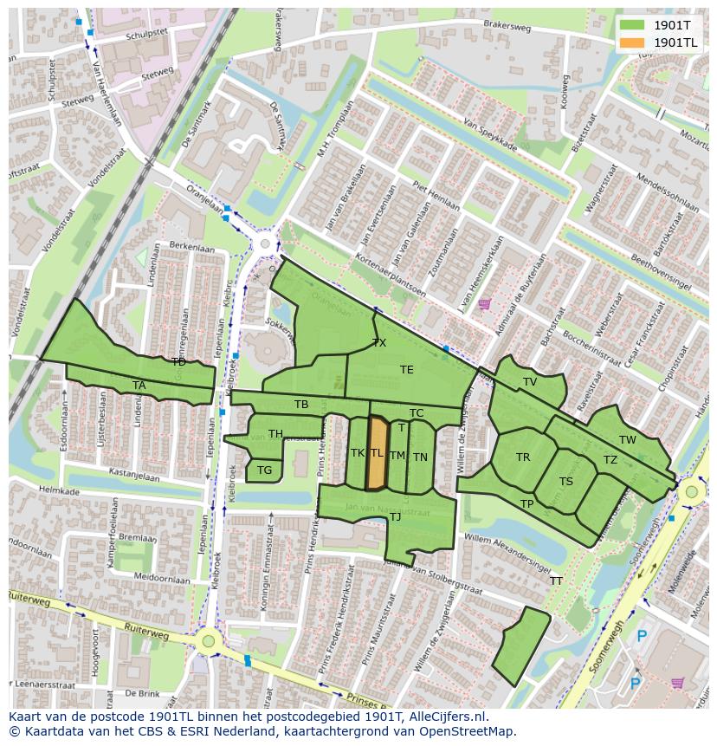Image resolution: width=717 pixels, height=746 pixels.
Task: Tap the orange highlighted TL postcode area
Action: coord(377,453)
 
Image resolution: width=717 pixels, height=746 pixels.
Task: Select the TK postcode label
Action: coord(357,452)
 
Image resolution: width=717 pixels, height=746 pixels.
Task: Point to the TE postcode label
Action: coord(407,370)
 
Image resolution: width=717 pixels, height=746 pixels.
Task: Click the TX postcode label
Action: coord(379,343)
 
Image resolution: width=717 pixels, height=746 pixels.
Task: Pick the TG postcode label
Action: coord(264,470)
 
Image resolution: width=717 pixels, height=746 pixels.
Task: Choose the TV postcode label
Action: coord(530,381)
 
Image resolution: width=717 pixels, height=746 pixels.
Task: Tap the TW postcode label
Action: coord(628,440)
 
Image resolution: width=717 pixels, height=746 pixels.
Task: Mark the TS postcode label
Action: coord(566,482)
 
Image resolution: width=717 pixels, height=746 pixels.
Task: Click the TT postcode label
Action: coord(556,581)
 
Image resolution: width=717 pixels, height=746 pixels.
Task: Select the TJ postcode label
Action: coord(395,517)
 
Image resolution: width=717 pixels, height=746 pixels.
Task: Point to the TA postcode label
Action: coord(139,386)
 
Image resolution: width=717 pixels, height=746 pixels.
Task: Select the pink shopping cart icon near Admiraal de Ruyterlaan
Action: coord(484,303)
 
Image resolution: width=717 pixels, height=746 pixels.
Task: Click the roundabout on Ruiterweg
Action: coord(208,642)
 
